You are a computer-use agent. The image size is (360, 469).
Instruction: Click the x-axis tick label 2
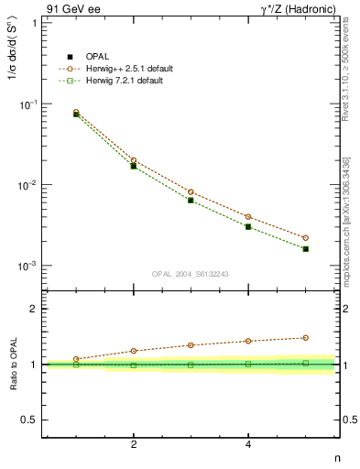[x=134, y=444]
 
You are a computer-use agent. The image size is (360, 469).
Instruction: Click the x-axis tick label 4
[x=248, y=444]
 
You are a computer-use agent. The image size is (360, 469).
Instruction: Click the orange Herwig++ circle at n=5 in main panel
[x=305, y=238]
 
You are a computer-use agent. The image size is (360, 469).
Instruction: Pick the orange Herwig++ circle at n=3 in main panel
[x=191, y=192]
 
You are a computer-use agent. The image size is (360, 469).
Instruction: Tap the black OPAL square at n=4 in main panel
[x=248, y=226]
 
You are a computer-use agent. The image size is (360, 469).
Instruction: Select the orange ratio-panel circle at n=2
[x=134, y=351]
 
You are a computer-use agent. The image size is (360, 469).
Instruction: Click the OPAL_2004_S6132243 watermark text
[x=191, y=274]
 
